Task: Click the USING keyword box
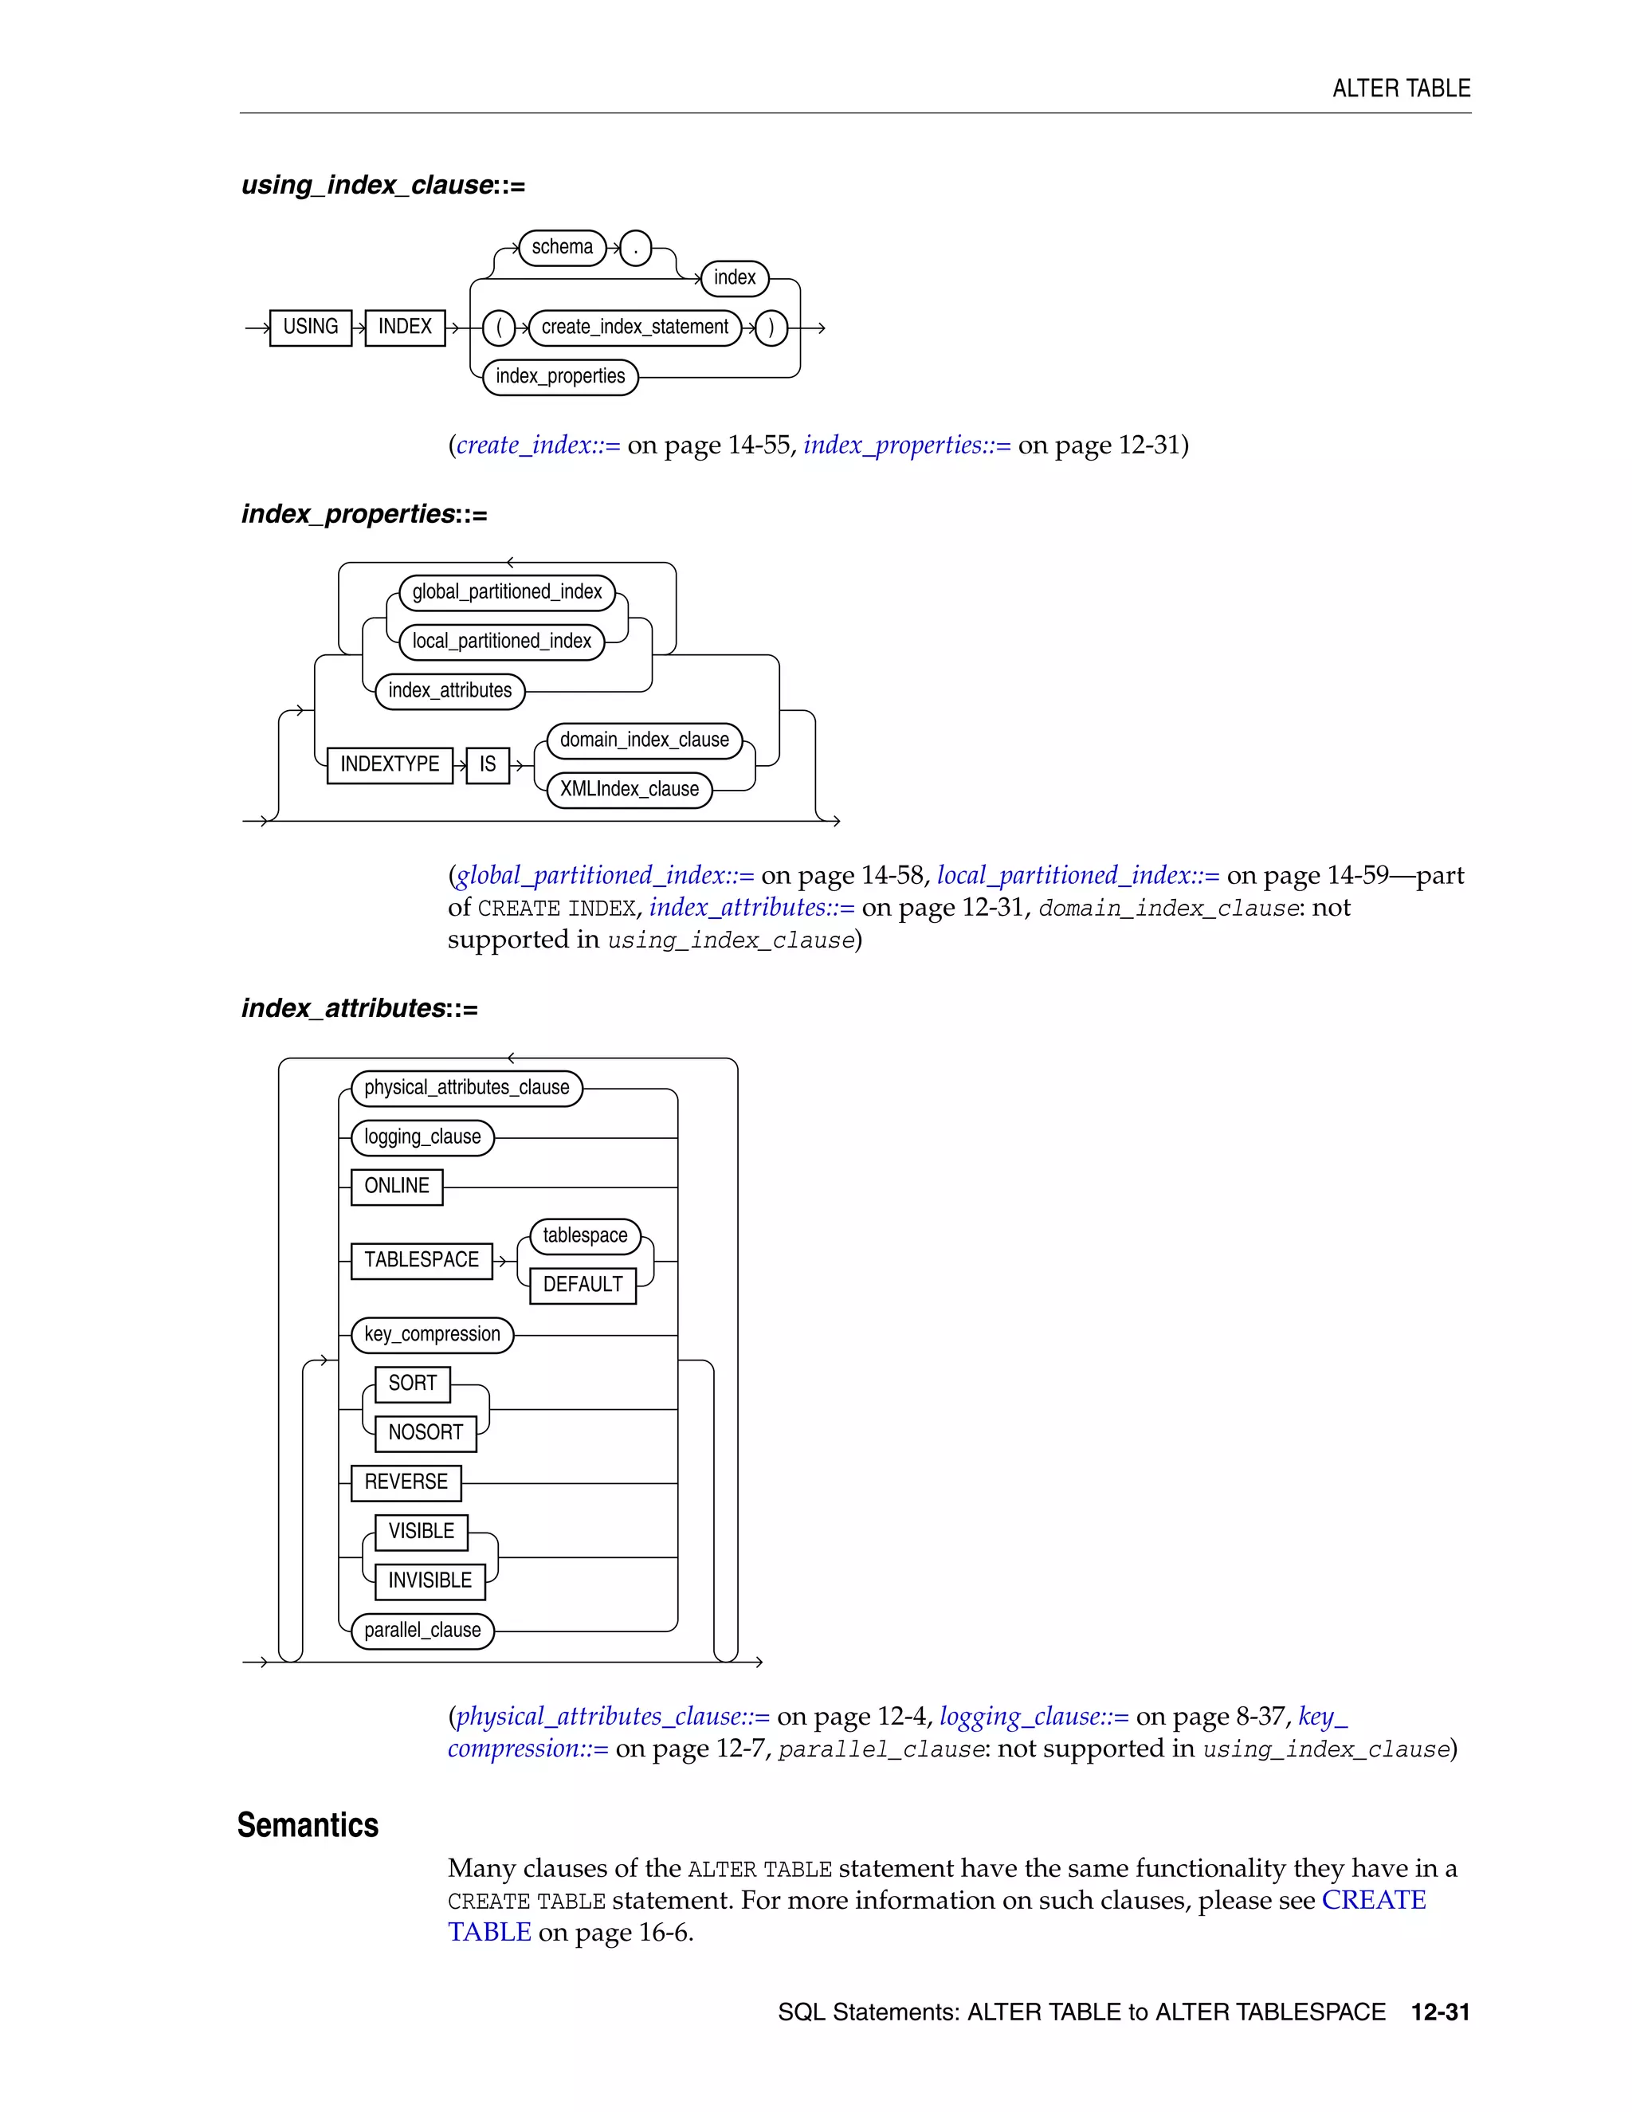(x=310, y=328)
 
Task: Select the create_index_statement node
(x=634, y=328)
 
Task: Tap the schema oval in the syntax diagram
(x=562, y=248)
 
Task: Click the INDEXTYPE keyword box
(x=390, y=765)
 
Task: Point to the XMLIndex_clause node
(x=629, y=789)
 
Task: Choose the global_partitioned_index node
(x=507, y=592)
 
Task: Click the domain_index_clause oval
(x=644, y=740)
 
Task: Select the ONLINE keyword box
(x=396, y=1187)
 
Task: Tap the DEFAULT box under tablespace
(x=583, y=1286)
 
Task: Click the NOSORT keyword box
(x=426, y=1433)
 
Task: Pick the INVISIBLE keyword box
(x=430, y=1581)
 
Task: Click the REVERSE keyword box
(x=406, y=1482)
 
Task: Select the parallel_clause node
(x=422, y=1631)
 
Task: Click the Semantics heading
(x=308, y=1826)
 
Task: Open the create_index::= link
(x=538, y=446)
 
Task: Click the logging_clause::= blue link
(x=1034, y=1717)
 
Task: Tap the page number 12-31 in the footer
(x=1440, y=2012)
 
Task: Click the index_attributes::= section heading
(x=359, y=1009)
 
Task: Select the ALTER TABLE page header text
(x=1401, y=89)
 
